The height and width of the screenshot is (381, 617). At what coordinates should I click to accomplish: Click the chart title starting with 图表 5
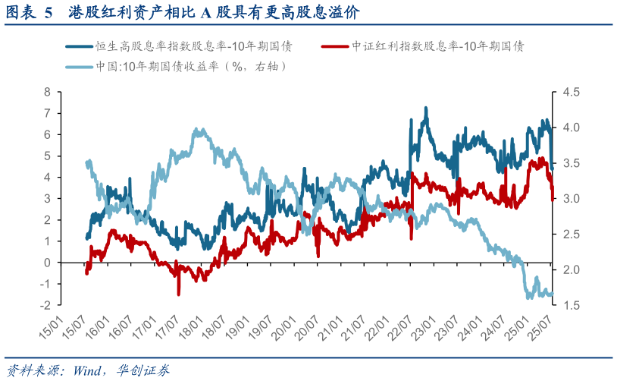182,13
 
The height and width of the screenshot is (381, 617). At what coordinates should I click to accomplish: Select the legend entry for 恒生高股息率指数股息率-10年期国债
194,46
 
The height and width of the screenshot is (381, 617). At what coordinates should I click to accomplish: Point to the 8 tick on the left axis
47,92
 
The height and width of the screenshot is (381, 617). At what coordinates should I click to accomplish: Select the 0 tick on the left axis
47,263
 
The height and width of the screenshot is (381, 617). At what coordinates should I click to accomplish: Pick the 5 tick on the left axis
47,156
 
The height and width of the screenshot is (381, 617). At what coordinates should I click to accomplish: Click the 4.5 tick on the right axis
570,92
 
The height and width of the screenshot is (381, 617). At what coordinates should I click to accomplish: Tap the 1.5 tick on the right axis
570,305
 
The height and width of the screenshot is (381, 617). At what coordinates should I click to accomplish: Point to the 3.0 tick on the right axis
570,199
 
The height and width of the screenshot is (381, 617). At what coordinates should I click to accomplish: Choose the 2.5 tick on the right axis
570,235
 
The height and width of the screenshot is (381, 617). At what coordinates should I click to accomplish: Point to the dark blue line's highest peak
426,109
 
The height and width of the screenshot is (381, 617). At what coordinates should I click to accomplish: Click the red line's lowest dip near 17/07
179,294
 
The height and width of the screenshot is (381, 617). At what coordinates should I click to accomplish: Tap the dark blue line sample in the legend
79,46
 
